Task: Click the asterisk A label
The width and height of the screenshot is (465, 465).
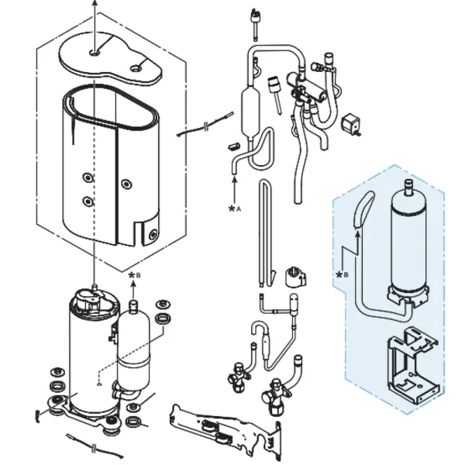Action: (x=235, y=208)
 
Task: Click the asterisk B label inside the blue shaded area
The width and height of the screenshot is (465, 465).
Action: (x=342, y=275)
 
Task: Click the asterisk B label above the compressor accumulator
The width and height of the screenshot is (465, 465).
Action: (x=134, y=275)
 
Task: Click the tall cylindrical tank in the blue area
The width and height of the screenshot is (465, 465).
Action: (x=408, y=243)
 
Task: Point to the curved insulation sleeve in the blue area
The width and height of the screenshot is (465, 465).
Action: (x=363, y=209)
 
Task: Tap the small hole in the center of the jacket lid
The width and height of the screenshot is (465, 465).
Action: (x=95, y=53)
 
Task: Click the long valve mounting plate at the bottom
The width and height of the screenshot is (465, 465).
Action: (x=226, y=430)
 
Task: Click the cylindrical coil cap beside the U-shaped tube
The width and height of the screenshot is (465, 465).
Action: (x=294, y=277)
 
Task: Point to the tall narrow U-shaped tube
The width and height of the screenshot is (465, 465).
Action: (x=265, y=232)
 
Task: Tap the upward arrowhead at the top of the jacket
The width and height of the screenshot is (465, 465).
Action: (x=95, y=3)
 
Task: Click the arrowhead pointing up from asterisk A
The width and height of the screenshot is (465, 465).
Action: (x=235, y=179)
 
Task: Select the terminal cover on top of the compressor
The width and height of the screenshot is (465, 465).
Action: (x=89, y=298)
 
